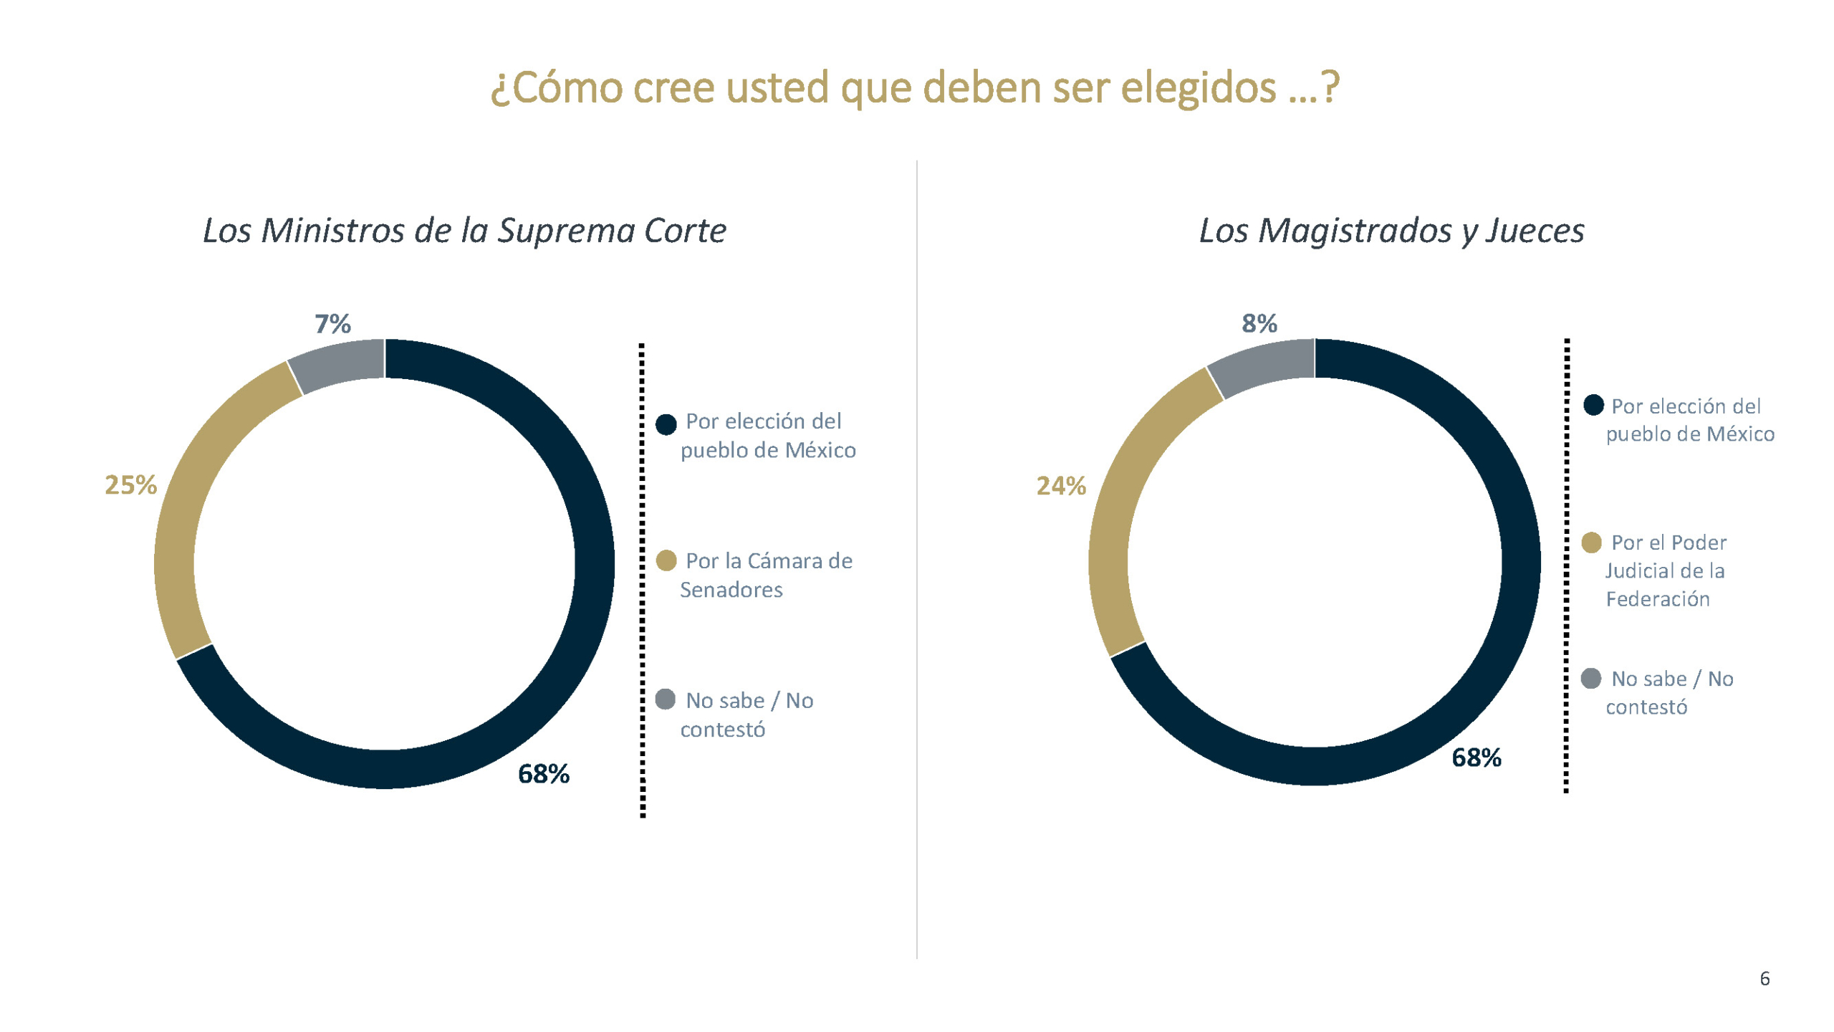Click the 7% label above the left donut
point(332,324)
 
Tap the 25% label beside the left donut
point(130,485)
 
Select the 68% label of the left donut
point(543,774)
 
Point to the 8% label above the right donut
point(1259,323)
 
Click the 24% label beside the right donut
point(1060,486)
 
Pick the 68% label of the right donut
point(1476,758)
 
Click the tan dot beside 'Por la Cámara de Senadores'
point(666,560)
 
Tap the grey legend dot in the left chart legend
point(665,699)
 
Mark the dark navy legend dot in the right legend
point(1593,405)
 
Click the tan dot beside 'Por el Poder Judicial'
point(1591,543)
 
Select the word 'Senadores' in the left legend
point(731,590)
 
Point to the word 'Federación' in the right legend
point(1657,599)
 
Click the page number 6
point(1765,978)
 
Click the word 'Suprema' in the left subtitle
point(566,231)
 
